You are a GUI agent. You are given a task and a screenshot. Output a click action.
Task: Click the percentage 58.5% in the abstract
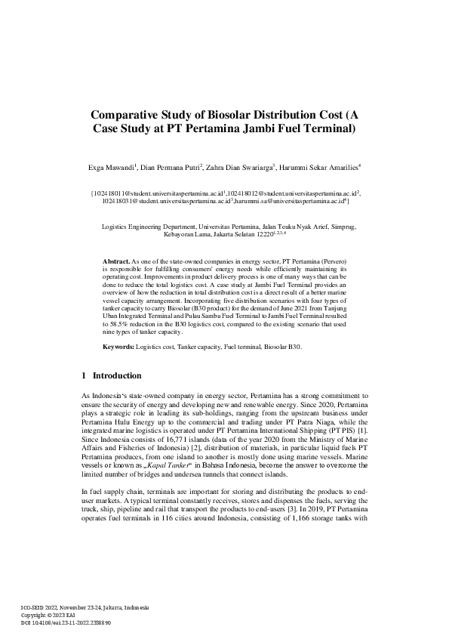coord(113,323)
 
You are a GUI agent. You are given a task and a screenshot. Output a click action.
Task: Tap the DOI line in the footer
coord(66,622)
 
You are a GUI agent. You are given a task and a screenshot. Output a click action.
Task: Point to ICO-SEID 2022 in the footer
coord(42,607)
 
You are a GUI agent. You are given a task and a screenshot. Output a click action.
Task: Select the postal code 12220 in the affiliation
coord(257,235)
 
